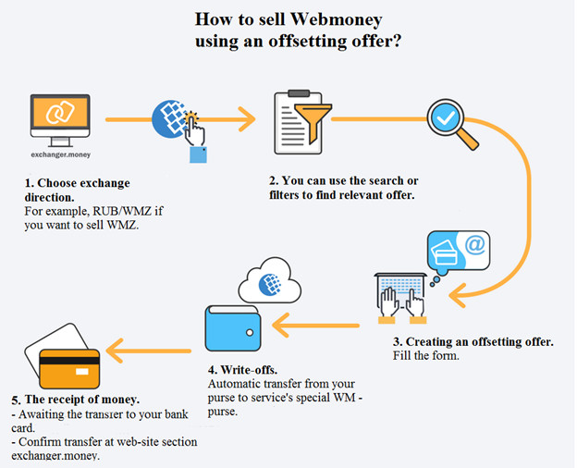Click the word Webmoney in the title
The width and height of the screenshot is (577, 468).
(336, 19)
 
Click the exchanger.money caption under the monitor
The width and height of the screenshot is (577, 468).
(61, 154)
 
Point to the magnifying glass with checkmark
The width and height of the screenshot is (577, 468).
(452, 124)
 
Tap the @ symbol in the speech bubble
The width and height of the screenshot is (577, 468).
(474, 245)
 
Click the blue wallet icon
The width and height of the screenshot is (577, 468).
(233, 328)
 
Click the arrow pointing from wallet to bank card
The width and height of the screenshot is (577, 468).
(148, 351)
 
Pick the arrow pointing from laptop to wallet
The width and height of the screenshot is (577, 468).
(315, 326)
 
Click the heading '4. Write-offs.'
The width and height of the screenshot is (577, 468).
(242, 370)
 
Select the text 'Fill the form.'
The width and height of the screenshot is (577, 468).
(425, 356)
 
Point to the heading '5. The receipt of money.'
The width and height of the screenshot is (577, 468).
(76, 400)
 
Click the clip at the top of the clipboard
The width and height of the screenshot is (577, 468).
(299, 92)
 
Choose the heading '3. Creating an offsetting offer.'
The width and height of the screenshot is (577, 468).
(473, 342)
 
